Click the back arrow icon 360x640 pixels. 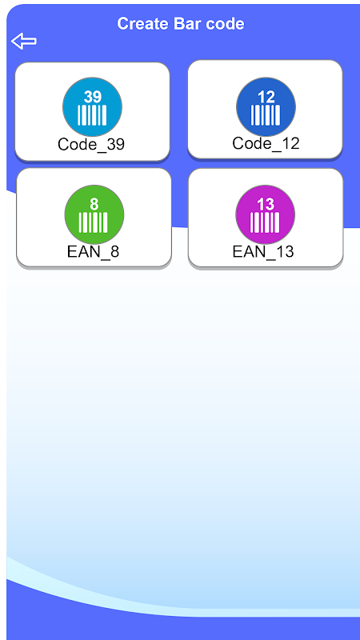pyautogui.click(x=24, y=42)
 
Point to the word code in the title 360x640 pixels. pyautogui.click(x=225, y=24)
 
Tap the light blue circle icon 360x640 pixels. pyautogui.click(x=92, y=107)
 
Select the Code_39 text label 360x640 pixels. pyautogui.click(x=91, y=145)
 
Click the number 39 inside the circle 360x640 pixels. pyautogui.click(x=93, y=97)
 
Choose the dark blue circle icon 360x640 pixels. pyautogui.click(x=266, y=107)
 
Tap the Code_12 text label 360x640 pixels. pyautogui.click(x=266, y=143)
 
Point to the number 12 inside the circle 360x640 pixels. pyautogui.click(x=266, y=97)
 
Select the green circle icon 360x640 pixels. pyautogui.click(x=94, y=214)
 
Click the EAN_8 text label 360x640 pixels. pyautogui.click(x=93, y=252)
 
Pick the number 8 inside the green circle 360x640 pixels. pyautogui.click(x=94, y=205)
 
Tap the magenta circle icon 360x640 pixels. pyautogui.click(x=266, y=214)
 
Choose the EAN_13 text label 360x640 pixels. pyautogui.click(x=263, y=252)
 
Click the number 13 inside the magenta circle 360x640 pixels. pyautogui.click(x=266, y=205)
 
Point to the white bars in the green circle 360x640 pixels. pyautogui.click(x=94, y=222)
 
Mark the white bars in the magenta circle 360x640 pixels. pyautogui.click(x=265, y=222)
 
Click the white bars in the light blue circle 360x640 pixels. pyautogui.click(x=92, y=115)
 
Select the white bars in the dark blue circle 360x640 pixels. pyautogui.click(x=266, y=115)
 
